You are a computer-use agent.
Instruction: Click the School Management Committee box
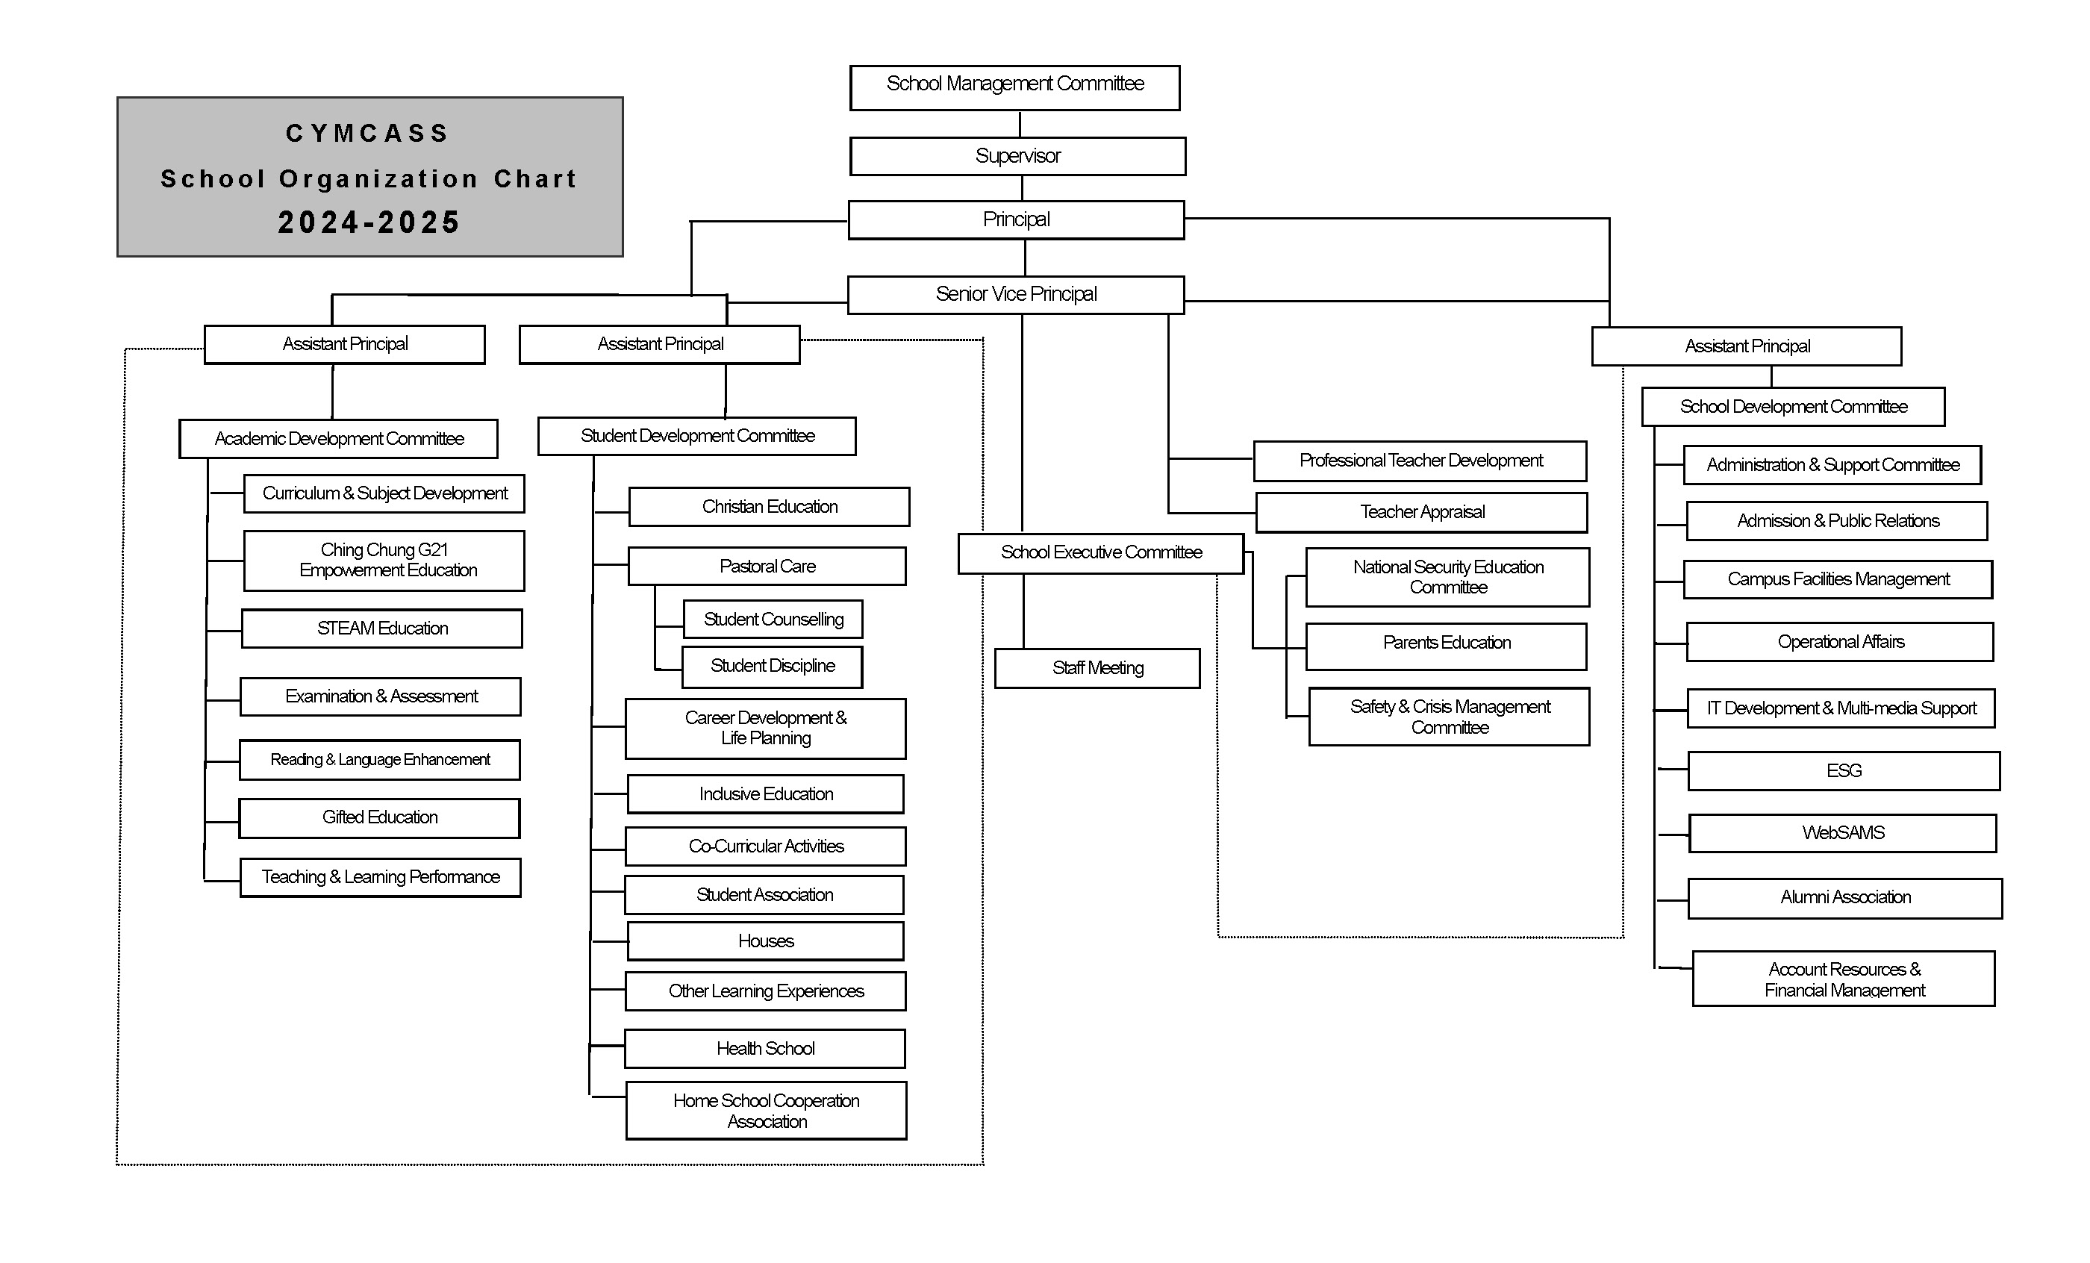[x=1014, y=87]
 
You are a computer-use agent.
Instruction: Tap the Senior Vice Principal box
[x=1015, y=294]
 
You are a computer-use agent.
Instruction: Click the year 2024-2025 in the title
[x=369, y=222]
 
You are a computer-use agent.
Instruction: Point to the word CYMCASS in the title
[x=367, y=133]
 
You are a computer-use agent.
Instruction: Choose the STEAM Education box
[x=381, y=629]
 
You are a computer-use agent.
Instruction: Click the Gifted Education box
[x=379, y=817]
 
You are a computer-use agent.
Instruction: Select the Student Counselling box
[x=773, y=620]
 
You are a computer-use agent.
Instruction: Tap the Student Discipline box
[x=772, y=667]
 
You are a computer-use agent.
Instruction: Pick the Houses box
[x=765, y=941]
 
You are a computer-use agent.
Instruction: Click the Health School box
[x=765, y=1049]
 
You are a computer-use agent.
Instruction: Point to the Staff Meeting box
[x=1097, y=668]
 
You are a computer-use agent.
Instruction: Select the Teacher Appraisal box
[x=1422, y=512]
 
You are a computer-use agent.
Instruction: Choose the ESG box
[x=1843, y=771]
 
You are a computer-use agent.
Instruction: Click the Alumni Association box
[x=1845, y=898]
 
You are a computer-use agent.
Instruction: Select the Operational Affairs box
[x=1840, y=642]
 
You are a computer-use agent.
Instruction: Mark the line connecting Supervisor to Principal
[x=1022, y=188]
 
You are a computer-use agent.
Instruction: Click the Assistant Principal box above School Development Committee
[x=1747, y=346]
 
